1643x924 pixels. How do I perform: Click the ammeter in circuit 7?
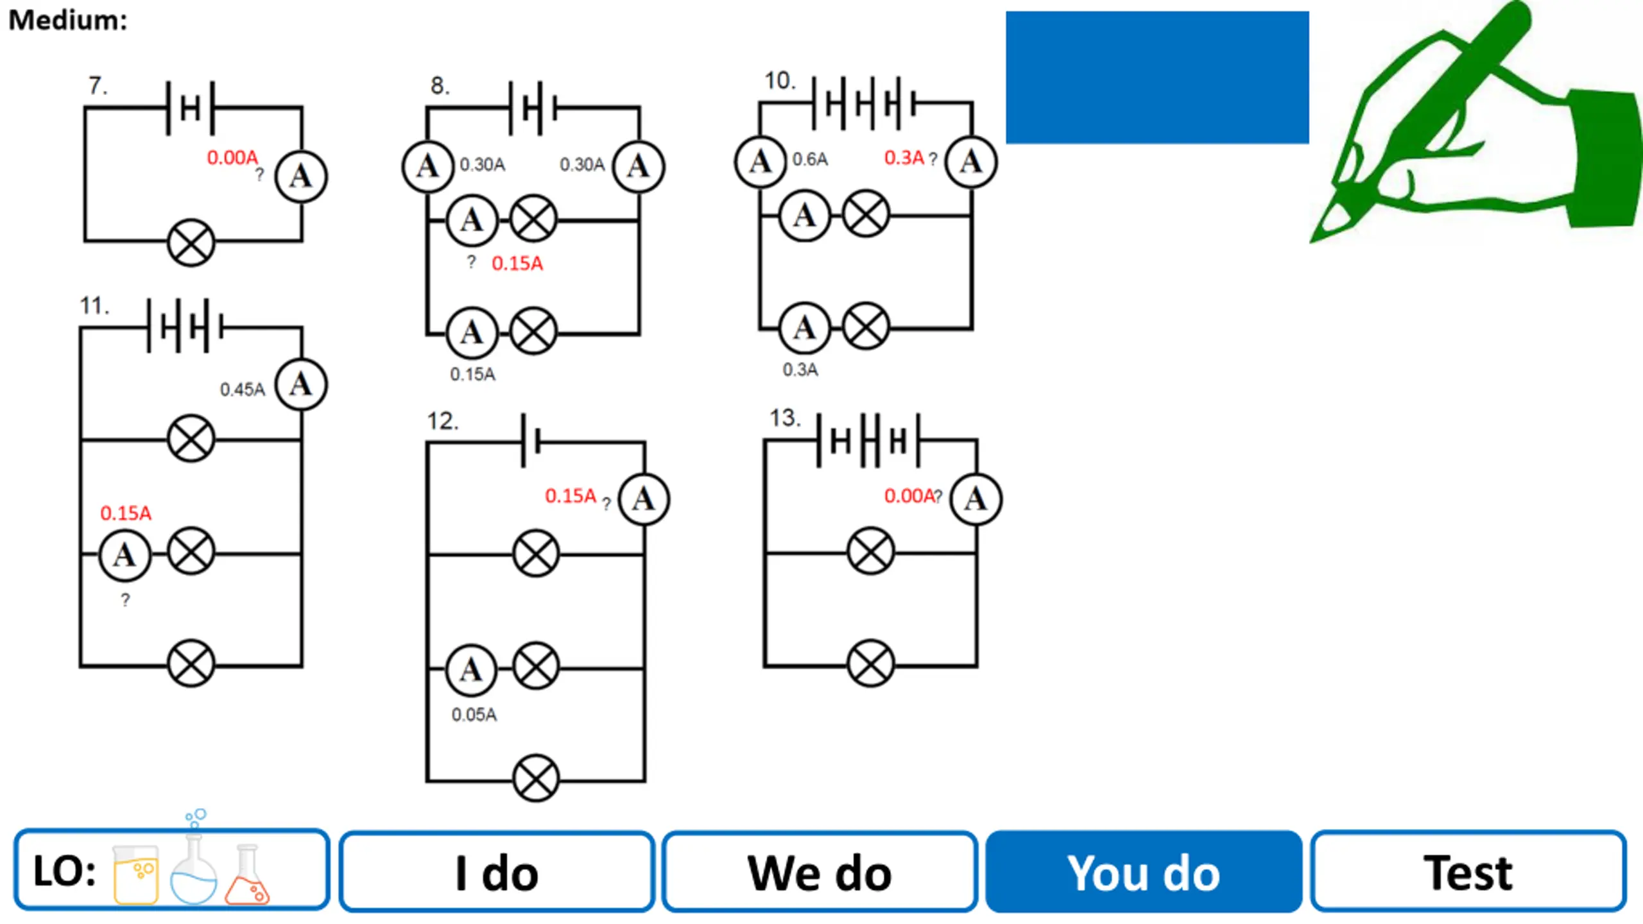click(x=300, y=176)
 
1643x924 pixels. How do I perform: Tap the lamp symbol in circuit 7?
click(x=191, y=243)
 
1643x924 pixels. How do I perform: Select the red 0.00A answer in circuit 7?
click(x=232, y=157)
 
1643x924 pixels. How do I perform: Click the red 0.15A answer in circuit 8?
click(x=517, y=263)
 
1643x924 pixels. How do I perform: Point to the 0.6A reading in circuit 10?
click(x=809, y=159)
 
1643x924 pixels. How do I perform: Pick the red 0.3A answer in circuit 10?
click(x=904, y=157)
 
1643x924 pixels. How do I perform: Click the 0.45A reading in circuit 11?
click(x=242, y=389)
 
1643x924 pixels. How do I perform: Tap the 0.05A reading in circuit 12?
click(x=474, y=714)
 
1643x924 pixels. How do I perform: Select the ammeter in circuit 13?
click(x=976, y=499)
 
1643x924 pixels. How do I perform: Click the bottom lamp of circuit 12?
click(x=535, y=778)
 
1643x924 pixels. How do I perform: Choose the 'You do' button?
click(x=1144, y=871)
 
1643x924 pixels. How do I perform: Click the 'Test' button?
click(x=1468, y=871)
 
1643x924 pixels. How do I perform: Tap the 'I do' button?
click(x=497, y=871)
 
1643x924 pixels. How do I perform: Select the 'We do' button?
click(x=820, y=871)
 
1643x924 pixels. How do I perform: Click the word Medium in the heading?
click(x=67, y=21)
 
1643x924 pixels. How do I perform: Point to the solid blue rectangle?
click(x=1157, y=77)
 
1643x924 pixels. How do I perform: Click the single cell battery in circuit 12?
click(x=531, y=441)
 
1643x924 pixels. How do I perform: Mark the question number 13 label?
click(x=784, y=418)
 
